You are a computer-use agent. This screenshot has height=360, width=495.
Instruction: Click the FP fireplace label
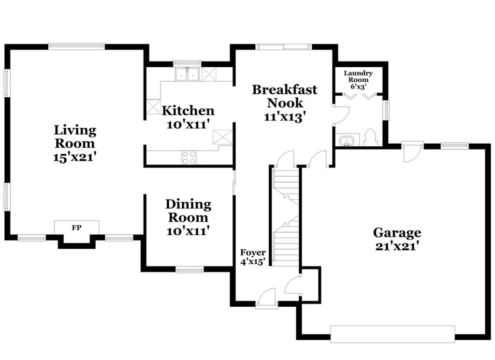coord(76,227)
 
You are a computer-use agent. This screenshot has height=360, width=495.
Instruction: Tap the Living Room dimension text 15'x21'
coord(74,157)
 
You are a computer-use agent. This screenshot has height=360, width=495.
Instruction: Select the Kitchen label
coord(188,111)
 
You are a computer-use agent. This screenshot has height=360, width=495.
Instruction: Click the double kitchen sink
coord(188,75)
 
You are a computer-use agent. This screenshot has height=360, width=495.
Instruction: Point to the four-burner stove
coord(189,157)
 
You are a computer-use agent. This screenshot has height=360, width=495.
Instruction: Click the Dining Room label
coord(189,211)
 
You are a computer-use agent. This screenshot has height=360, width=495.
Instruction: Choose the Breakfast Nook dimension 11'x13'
coord(285,117)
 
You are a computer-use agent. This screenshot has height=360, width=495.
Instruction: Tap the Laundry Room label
coord(358,76)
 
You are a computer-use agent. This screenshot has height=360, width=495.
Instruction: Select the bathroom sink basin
coord(347,140)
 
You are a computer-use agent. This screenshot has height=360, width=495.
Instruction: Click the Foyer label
coord(253,253)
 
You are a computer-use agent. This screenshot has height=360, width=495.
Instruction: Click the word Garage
coord(397,233)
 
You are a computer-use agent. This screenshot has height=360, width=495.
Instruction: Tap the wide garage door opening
coord(393,334)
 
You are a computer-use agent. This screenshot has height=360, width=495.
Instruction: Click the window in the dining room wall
coord(189,270)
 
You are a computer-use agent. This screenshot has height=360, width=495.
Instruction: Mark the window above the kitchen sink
coord(187,63)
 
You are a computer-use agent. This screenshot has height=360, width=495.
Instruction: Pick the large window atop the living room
coord(76,46)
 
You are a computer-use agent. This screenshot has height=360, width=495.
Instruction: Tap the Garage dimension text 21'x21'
coord(397,246)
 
